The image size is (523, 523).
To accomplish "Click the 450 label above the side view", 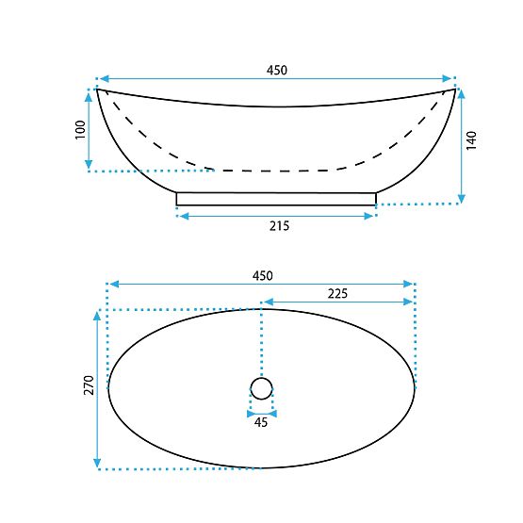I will (276, 70).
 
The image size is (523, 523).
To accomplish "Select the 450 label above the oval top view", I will (262, 275).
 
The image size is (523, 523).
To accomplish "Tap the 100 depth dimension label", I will (79, 130).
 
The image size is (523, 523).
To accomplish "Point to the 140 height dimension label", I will (472, 141).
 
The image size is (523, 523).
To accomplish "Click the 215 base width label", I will (278, 225).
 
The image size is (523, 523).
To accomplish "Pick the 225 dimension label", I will (337, 293).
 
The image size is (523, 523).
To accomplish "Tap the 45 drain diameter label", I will (261, 422).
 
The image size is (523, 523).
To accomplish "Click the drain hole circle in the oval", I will (261, 386).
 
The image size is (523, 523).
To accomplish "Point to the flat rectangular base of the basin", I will (276, 198).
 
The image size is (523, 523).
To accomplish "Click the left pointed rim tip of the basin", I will (99, 90).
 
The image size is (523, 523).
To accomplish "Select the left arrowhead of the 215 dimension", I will (180, 216).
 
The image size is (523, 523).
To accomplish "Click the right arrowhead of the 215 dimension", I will (372, 216).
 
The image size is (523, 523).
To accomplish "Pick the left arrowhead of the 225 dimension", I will (266, 302).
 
